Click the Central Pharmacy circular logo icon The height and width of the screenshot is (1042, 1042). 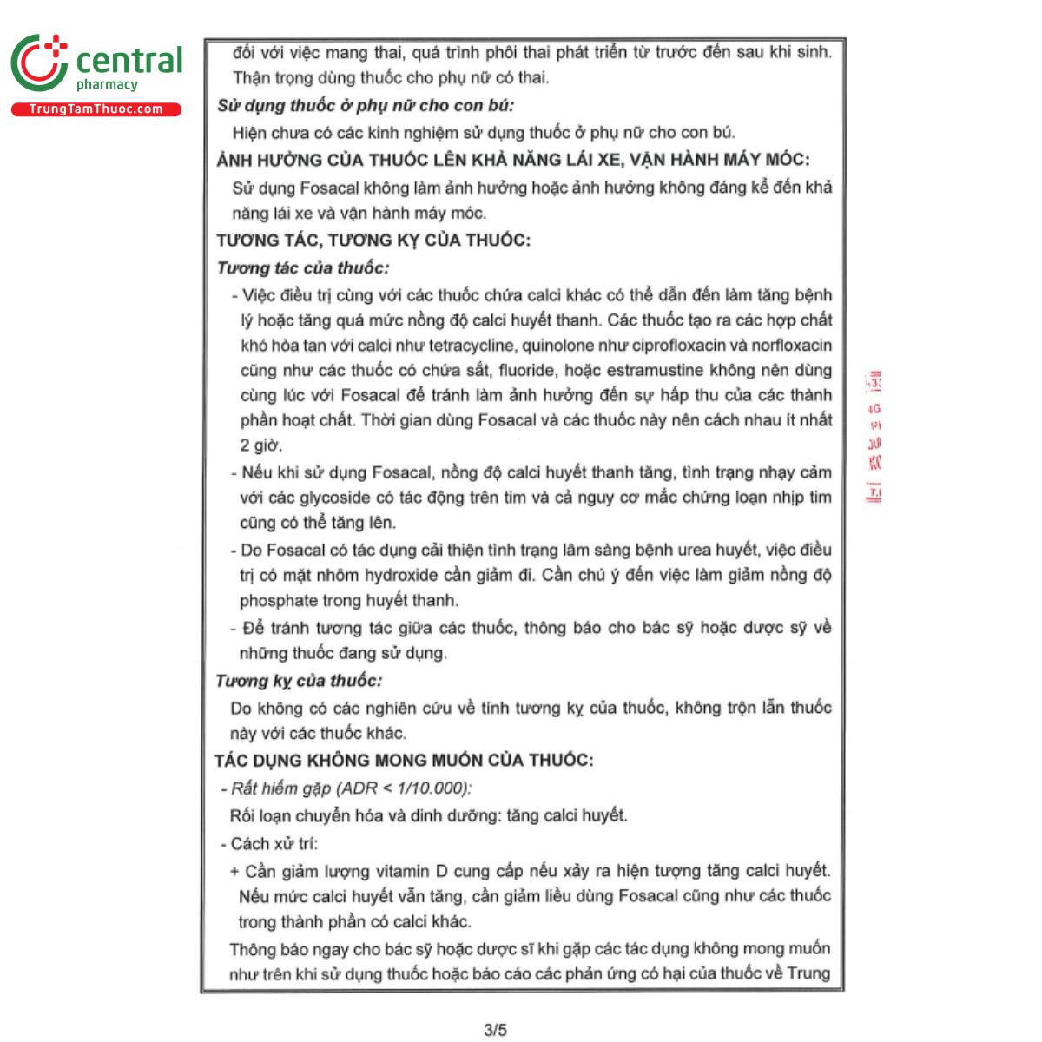39,63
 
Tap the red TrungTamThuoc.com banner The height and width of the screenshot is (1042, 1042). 96,109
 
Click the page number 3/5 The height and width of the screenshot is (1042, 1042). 495,1030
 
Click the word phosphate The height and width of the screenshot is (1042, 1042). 278,601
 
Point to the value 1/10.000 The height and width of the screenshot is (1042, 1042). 430,788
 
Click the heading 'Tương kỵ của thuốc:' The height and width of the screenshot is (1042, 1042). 299,681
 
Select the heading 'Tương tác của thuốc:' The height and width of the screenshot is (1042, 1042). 303,267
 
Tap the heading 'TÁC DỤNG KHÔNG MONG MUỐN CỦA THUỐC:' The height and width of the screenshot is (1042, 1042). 404,761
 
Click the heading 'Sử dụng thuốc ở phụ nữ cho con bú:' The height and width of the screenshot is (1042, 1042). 365,106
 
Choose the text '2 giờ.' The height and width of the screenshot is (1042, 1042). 261,445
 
